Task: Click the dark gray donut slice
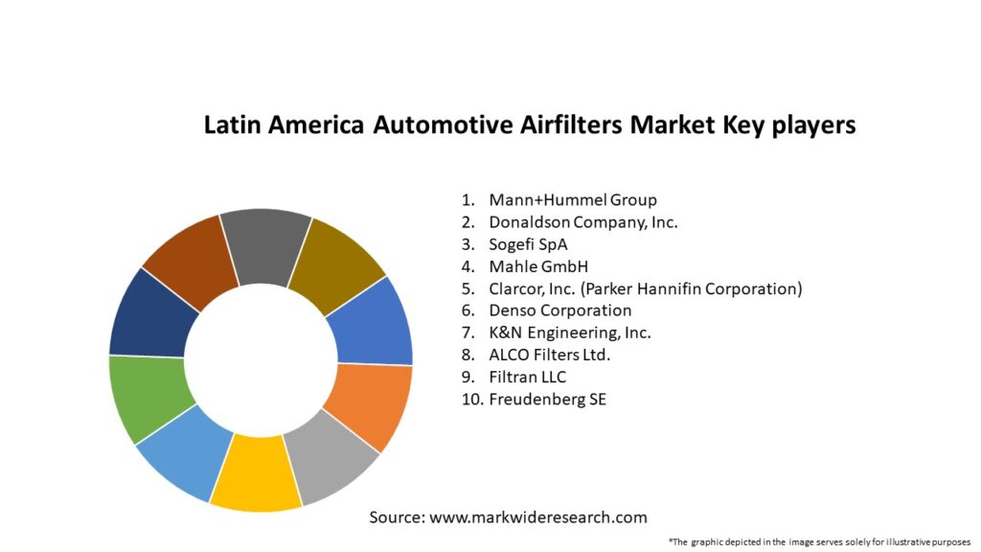265,248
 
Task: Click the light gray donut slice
331,463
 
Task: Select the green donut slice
147,396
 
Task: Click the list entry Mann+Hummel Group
573,200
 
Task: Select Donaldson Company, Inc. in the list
582,222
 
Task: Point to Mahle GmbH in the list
537,266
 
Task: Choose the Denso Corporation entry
559,310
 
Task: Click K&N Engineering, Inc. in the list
569,333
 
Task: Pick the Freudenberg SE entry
547,399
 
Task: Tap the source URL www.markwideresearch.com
537,517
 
